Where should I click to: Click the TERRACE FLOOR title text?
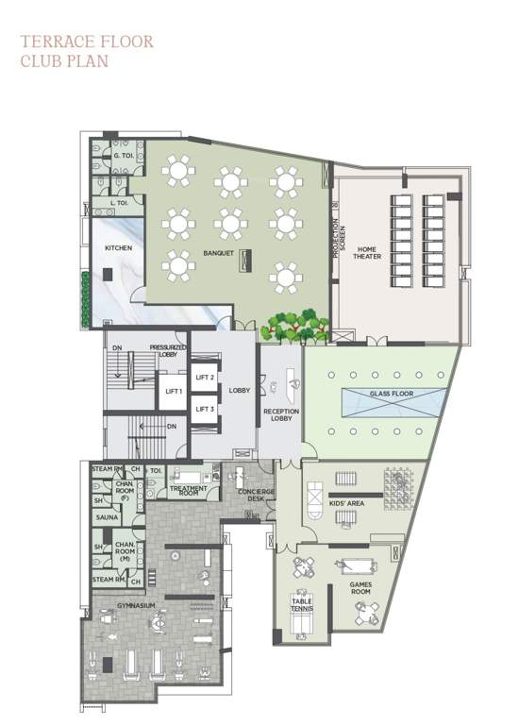(86, 42)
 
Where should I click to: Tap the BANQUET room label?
(218, 253)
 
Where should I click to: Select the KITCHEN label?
(118, 248)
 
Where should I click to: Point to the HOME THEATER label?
(366, 252)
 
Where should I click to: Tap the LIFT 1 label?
(173, 391)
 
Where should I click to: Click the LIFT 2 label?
(206, 378)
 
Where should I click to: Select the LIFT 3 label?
(206, 409)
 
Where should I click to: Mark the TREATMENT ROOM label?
(188, 491)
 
